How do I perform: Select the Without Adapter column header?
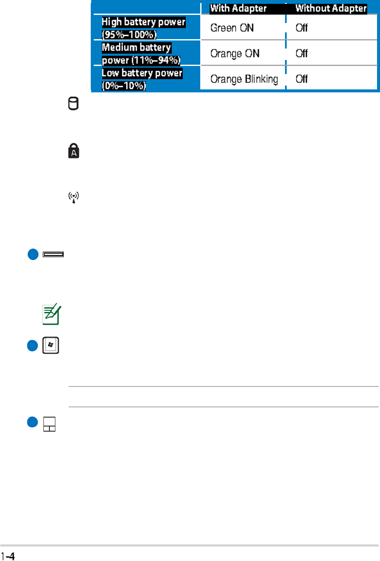pyautogui.click(x=331, y=9)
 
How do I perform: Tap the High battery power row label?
pyautogui.click(x=144, y=27)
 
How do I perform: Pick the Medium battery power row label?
pyautogui.click(x=141, y=53)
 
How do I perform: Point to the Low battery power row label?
pyautogui.click(x=142, y=78)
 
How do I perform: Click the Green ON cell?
pyautogui.click(x=232, y=28)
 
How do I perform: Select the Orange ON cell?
pyautogui.click(x=235, y=54)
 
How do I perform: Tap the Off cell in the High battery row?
pyautogui.click(x=302, y=28)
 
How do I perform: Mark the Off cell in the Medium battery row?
pyautogui.click(x=302, y=54)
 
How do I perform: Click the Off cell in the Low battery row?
pyautogui.click(x=302, y=79)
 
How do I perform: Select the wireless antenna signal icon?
pyautogui.click(x=74, y=198)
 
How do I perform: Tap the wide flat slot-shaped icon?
pyautogui.click(x=53, y=255)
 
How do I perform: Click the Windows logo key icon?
pyautogui.click(x=51, y=346)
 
